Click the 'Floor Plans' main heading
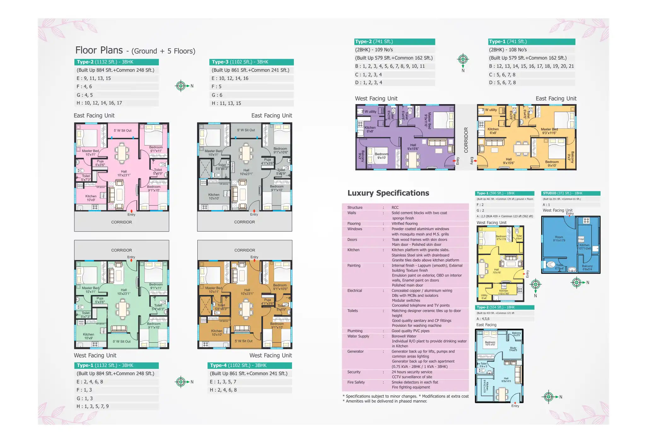point(99,50)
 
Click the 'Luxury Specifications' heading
point(388,193)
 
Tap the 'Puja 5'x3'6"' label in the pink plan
point(100,163)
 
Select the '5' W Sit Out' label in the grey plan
point(246,130)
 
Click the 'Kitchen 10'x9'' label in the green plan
point(89,336)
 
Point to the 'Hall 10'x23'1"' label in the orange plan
point(247,292)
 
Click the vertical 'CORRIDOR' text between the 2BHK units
point(466,140)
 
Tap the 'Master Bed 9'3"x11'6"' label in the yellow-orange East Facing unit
point(549,131)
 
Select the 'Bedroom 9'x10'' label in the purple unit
point(382,156)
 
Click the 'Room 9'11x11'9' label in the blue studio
point(559,239)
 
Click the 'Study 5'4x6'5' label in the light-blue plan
point(513,349)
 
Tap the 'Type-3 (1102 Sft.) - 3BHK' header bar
point(251,62)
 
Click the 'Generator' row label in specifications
point(355,351)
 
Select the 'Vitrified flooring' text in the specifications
point(405,224)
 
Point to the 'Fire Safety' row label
point(356,382)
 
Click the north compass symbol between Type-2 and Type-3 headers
point(181,86)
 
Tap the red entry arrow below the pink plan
point(131,211)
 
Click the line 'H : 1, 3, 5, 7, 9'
point(93,406)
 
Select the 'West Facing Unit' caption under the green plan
point(95,356)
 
